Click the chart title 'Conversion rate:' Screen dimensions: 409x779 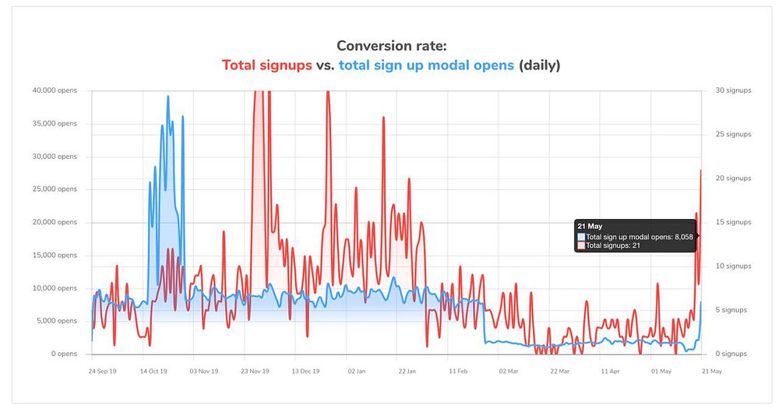click(391, 46)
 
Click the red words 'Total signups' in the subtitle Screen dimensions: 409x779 click(267, 65)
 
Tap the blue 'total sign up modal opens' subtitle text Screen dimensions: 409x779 click(426, 65)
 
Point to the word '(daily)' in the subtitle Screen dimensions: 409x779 click(539, 65)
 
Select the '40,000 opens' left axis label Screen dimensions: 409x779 click(55, 90)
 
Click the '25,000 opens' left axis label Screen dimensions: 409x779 click(55, 189)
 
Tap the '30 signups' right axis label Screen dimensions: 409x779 click(733, 90)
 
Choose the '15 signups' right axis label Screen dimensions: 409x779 click(733, 222)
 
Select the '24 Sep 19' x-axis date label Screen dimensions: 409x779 click(103, 372)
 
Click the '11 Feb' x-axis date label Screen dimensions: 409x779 click(458, 372)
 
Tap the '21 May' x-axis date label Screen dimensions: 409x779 click(711, 372)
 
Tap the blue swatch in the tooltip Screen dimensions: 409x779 click(581, 237)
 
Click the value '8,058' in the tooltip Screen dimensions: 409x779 click(682, 237)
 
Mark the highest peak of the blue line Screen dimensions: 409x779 click(167, 97)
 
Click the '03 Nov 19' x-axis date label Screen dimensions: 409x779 click(204, 372)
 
